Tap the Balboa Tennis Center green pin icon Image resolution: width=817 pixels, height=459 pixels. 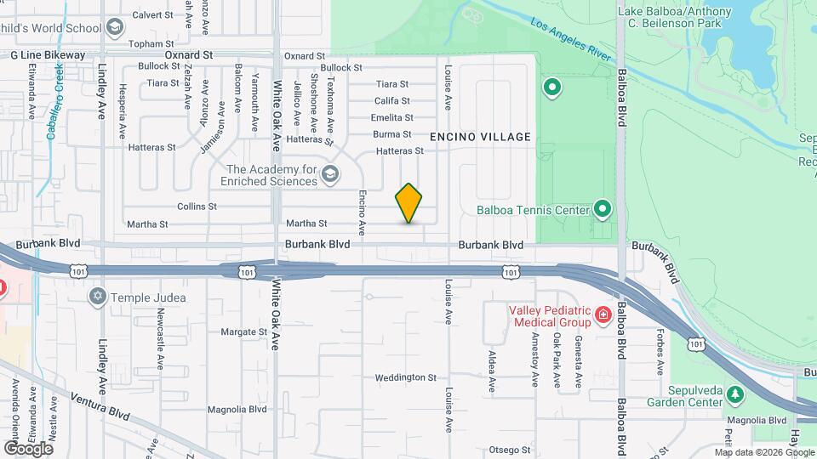coord(603,208)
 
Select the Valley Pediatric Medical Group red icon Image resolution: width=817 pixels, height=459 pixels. coord(603,315)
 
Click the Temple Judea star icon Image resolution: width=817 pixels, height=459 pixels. coord(98,296)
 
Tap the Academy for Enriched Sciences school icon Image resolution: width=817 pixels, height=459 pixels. coord(330,175)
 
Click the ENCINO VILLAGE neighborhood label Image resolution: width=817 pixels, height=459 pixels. coord(480,137)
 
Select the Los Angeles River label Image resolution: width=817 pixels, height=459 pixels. coord(572,42)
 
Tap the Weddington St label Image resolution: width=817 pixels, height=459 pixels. coord(405,377)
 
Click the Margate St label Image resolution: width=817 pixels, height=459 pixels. coord(244,331)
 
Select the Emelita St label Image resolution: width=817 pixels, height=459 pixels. coord(392,118)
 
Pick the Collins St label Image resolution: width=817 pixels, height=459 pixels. coord(197,207)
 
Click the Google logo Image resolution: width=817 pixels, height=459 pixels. coord(28,448)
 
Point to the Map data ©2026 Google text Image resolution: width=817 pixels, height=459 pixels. coord(763,452)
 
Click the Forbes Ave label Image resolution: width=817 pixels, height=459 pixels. coord(660,353)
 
